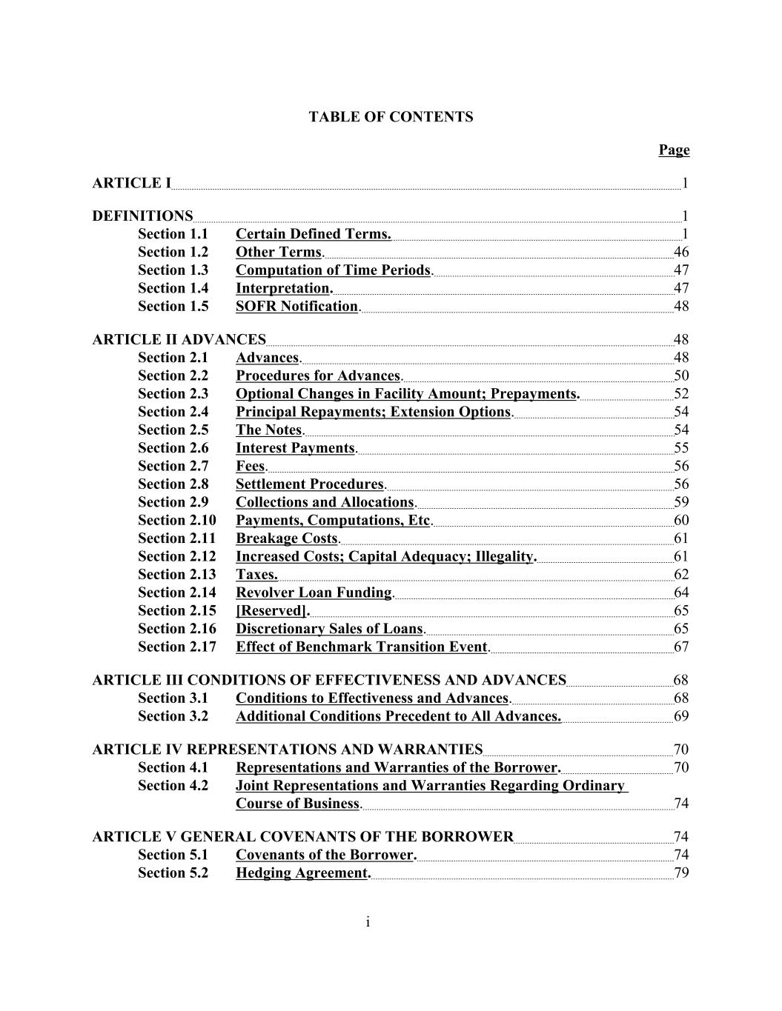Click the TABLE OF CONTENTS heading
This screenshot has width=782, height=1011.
(x=391, y=117)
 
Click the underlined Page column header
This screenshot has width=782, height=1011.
(x=674, y=150)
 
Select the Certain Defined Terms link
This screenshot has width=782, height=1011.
(x=313, y=234)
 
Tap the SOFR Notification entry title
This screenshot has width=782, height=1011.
(x=296, y=307)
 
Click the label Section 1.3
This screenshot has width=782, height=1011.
(x=173, y=270)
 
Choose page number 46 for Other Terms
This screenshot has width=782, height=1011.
(x=680, y=253)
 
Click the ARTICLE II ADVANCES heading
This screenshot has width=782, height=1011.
(x=179, y=340)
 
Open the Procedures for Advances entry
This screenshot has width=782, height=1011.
(x=318, y=376)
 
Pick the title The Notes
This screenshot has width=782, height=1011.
(x=269, y=430)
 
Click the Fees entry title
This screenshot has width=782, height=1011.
(x=250, y=467)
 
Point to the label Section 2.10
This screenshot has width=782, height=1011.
(x=176, y=521)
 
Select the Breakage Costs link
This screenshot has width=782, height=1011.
(x=287, y=538)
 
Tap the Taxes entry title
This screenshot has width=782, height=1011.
(x=256, y=575)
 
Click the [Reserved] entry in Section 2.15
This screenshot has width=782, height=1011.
(x=271, y=611)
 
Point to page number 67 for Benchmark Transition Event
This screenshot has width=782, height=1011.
(x=680, y=647)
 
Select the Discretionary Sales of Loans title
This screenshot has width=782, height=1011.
(x=330, y=629)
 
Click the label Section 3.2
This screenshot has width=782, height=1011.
(x=173, y=716)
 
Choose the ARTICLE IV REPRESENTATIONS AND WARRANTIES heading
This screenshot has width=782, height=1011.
(x=288, y=750)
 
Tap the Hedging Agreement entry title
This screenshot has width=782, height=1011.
(x=302, y=873)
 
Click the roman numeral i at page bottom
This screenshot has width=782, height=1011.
(x=368, y=922)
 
